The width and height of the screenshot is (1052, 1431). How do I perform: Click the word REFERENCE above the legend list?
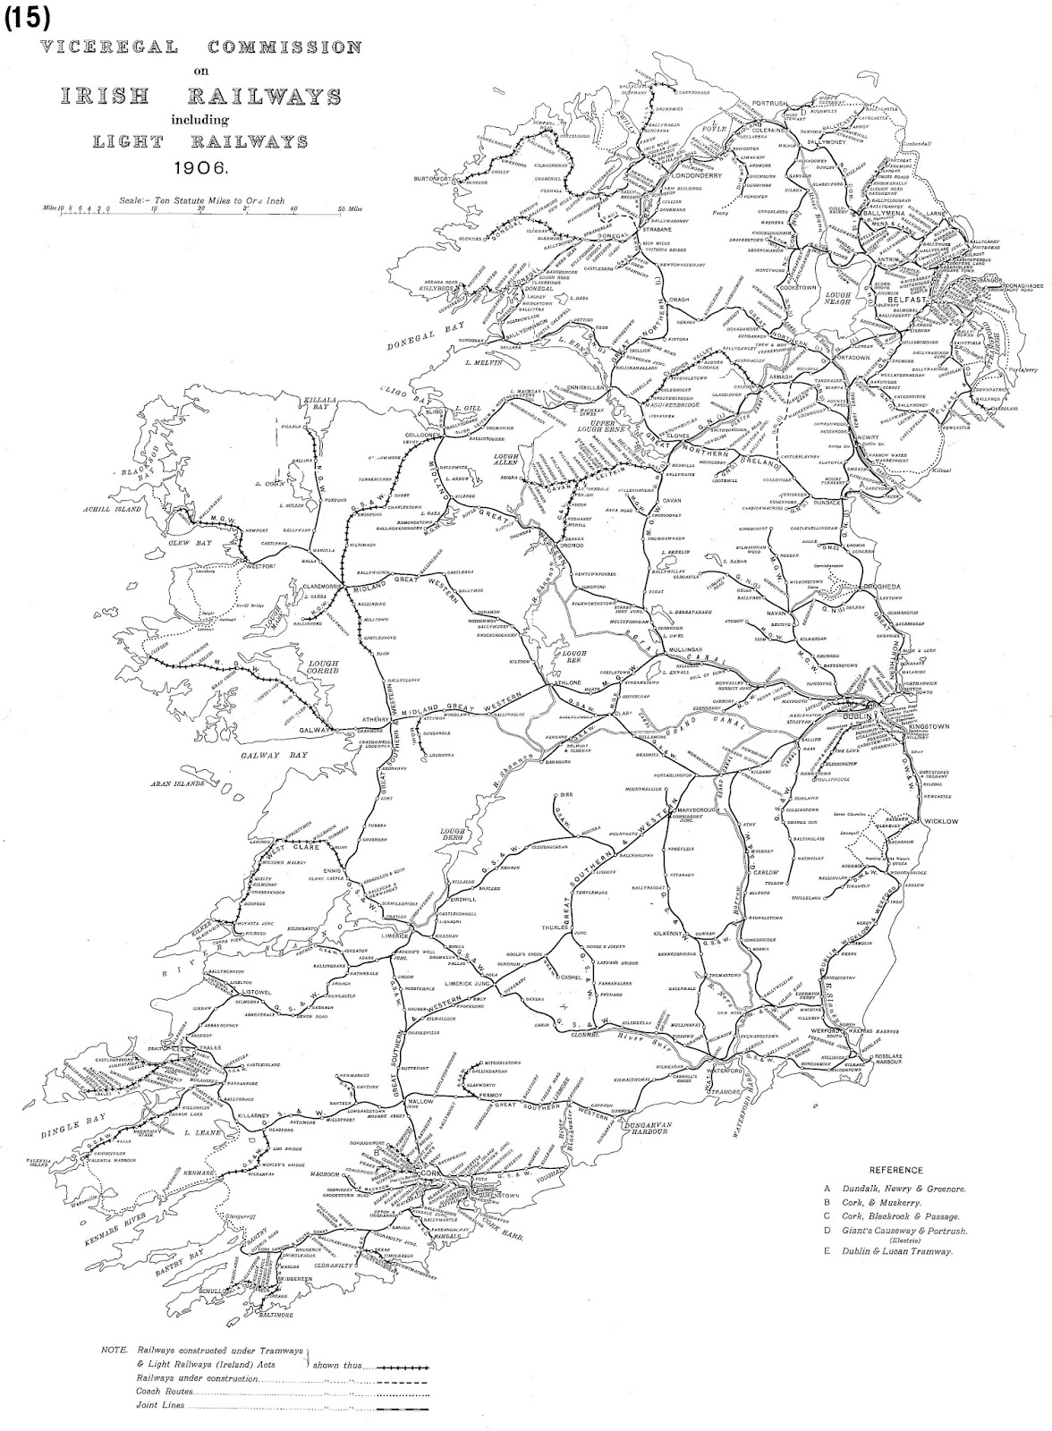coord(895,1169)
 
